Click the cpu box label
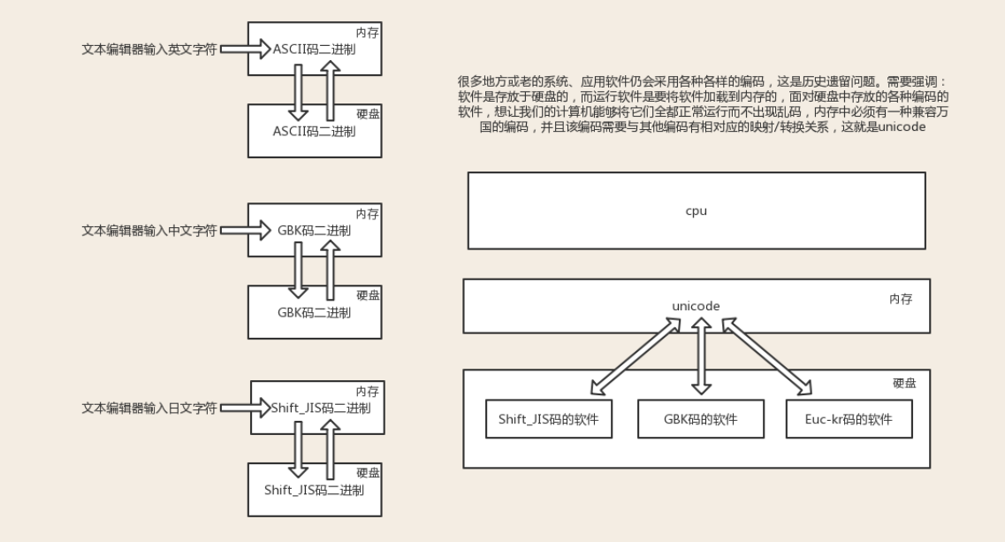[696, 211]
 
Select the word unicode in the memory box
[696, 306]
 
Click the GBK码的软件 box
[700, 419]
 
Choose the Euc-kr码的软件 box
[849, 419]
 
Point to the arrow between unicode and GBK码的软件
[701, 357]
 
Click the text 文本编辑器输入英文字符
[149, 50]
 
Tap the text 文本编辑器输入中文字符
[149, 231]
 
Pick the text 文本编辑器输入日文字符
[149, 408]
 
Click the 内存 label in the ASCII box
[367, 33]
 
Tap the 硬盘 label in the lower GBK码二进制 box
[367, 295]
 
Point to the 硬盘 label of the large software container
[904, 383]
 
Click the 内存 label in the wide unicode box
[901, 300]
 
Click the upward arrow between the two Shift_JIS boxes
[329, 448]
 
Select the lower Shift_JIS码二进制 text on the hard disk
[314, 490]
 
